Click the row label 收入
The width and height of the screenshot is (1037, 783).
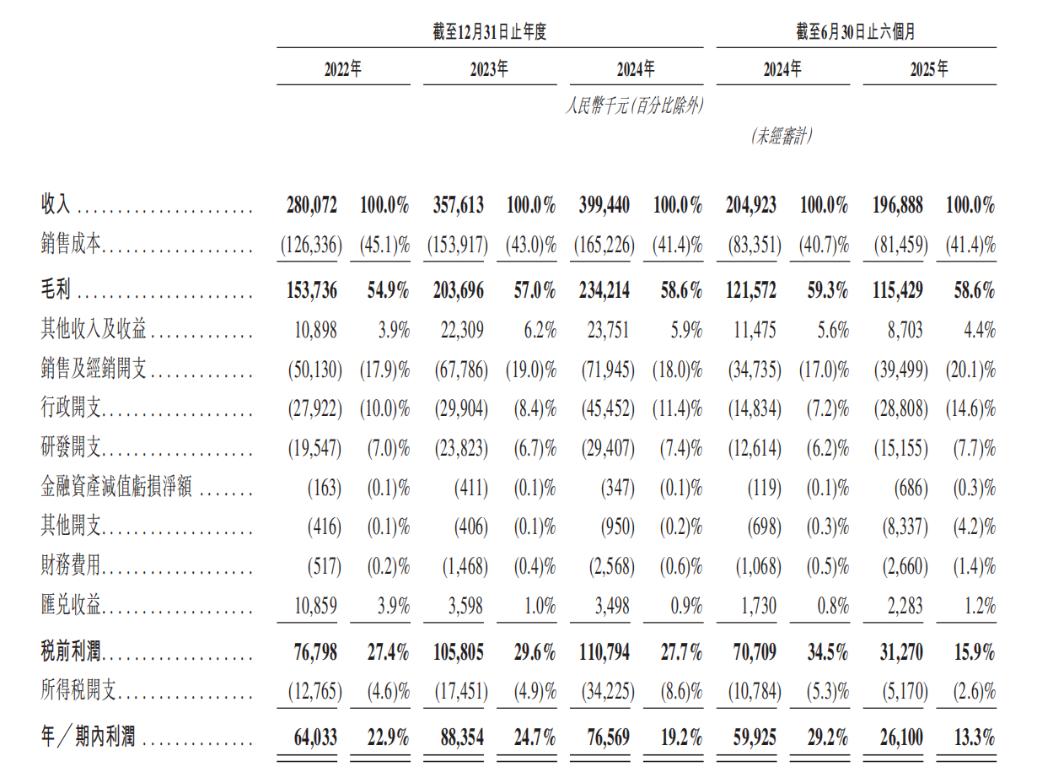[x=56, y=204]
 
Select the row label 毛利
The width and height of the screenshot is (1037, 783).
[x=56, y=291]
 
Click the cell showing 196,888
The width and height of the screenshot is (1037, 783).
[x=895, y=204]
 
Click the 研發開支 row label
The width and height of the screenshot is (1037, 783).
[x=72, y=448]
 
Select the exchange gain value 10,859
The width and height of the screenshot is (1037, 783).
[x=315, y=606]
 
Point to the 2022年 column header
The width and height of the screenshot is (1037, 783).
[x=343, y=70]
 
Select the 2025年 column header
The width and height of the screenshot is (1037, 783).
[x=928, y=70]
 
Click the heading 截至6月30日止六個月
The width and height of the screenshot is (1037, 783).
[x=856, y=33]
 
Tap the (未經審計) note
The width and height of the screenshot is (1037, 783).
[x=782, y=137]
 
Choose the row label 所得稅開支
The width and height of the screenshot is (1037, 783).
[x=79, y=693]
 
